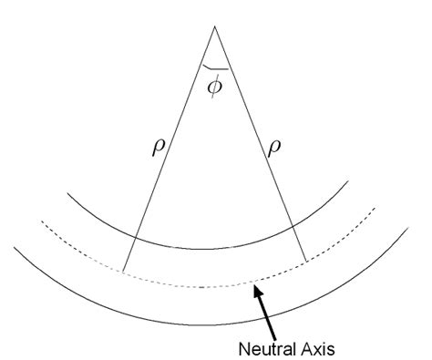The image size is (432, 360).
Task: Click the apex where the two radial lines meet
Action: [x=214, y=27]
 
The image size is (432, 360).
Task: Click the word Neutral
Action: [x=262, y=347]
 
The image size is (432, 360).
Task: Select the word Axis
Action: [x=312, y=347]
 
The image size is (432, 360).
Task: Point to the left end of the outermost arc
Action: [x=13, y=244]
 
